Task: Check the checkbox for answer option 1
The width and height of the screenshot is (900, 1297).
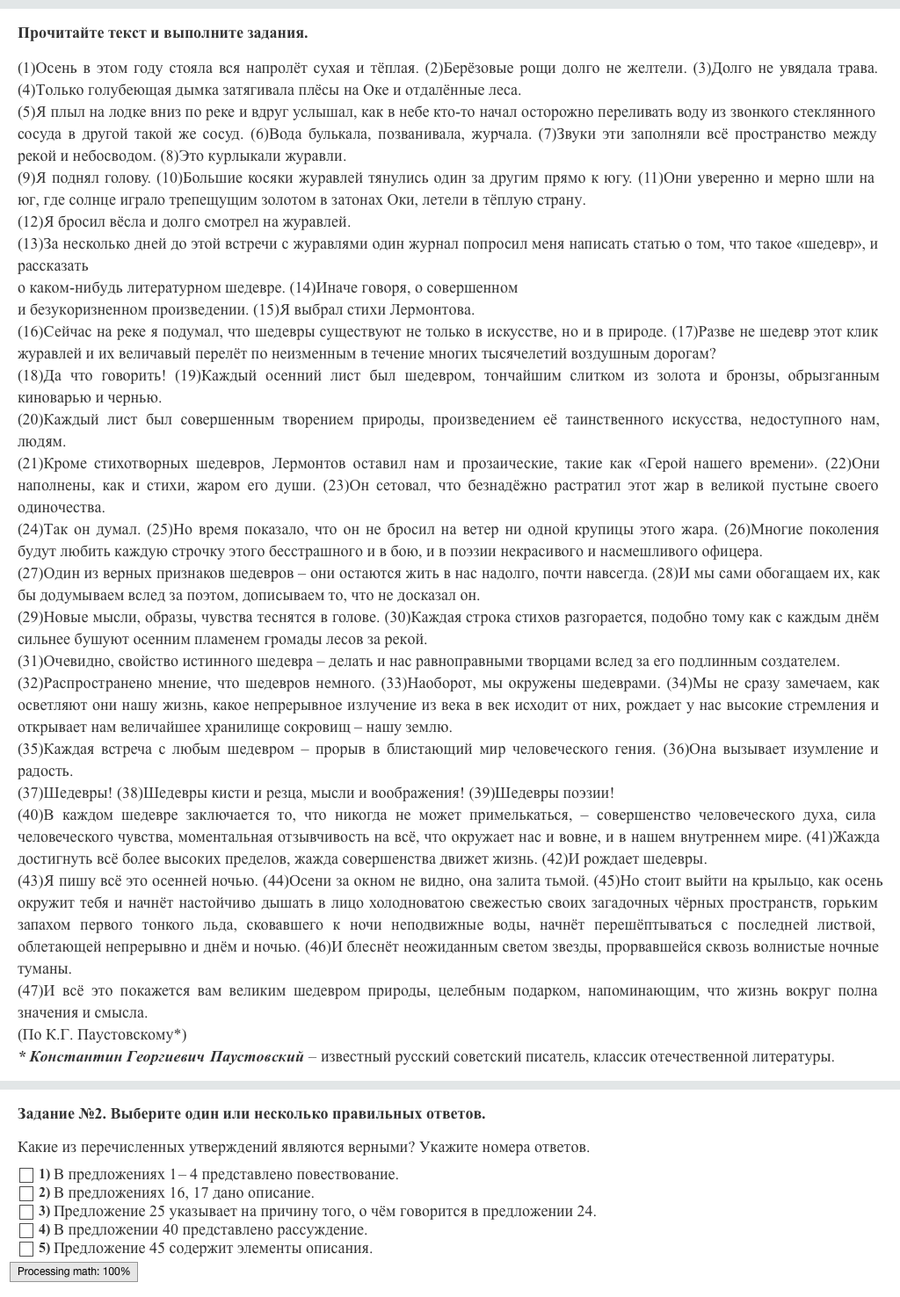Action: [26, 1175]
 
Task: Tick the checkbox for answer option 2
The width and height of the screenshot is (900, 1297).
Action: [26, 1193]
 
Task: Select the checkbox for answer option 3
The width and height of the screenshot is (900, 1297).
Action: [26, 1212]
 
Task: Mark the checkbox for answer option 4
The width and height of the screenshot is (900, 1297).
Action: [26, 1230]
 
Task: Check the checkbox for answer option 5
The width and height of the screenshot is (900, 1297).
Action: [26, 1249]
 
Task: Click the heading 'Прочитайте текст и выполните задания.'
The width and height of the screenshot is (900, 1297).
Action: [163, 33]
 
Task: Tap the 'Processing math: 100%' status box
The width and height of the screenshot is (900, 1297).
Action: [74, 1272]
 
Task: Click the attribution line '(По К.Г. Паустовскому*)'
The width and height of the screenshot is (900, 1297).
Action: [102, 1034]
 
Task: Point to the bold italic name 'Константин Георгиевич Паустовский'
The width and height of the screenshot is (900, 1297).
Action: [166, 1056]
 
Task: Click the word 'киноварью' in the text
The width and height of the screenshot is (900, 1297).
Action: [54, 397]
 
